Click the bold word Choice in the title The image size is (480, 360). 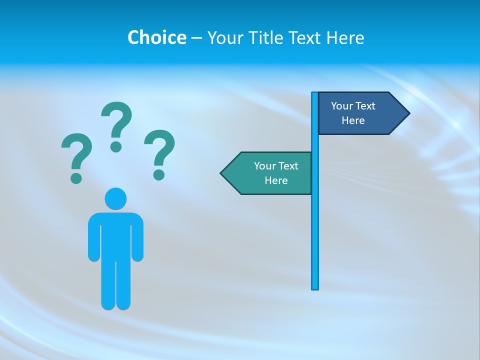[x=156, y=37]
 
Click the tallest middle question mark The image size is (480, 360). [x=116, y=125]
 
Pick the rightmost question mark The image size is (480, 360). [x=159, y=152]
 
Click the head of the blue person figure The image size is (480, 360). [x=115, y=198]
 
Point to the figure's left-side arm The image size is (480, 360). [x=93, y=240]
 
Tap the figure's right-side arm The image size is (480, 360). [x=138, y=240]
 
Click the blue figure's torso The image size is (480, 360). [x=115, y=235]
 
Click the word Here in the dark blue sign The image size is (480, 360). [x=353, y=120]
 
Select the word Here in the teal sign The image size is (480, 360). [x=276, y=180]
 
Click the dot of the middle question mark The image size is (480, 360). [x=116, y=146]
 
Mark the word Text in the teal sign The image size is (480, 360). [x=287, y=166]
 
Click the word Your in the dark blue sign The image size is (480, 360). [x=342, y=106]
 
